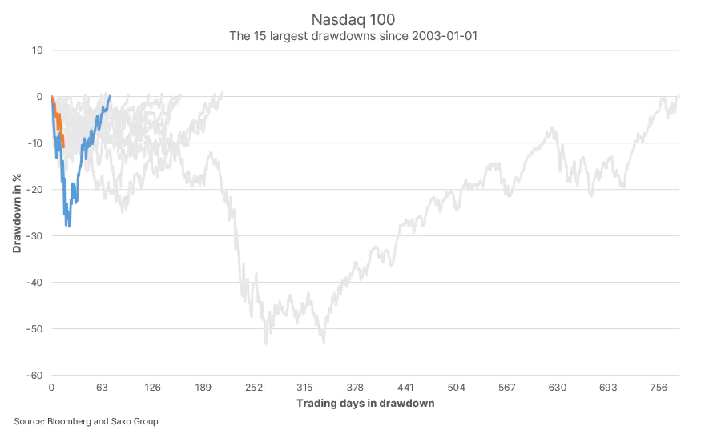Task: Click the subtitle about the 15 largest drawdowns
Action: (350, 36)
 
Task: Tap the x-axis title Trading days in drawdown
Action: (365, 403)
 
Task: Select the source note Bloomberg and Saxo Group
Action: (86, 421)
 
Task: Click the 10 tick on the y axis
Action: (37, 50)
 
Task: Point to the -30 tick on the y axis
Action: (34, 235)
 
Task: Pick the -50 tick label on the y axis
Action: (34, 328)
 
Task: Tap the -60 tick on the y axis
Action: (34, 375)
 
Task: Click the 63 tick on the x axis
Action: (102, 388)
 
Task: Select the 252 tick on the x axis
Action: (253, 388)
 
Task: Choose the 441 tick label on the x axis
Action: (405, 388)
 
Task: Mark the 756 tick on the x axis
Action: (659, 388)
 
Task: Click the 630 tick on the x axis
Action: (558, 388)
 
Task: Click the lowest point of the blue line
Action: (69, 226)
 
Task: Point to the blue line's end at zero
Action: (110, 96)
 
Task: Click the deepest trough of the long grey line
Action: (266, 344)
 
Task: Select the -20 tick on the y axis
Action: (34, 189)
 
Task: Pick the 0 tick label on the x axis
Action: (51, 388)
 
